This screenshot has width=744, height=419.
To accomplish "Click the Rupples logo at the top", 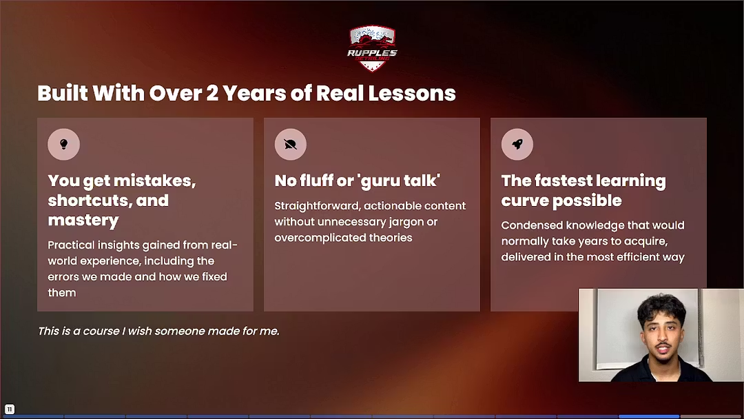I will (372, 48).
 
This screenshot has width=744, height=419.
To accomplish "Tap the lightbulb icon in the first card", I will (63, 145).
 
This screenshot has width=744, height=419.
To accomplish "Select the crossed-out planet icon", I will (290, 145).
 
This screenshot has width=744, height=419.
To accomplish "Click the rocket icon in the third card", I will (517, 145).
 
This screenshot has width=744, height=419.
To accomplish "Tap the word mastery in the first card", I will (83, 221).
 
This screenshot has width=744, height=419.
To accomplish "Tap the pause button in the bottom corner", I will (10, 409).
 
